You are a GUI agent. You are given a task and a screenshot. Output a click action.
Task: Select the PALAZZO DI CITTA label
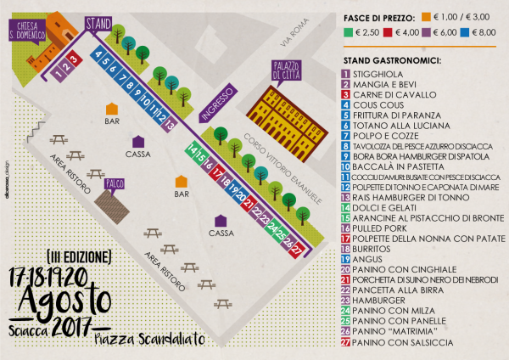point(286,71)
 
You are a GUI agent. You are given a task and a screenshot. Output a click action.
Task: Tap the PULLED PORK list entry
point(381,228)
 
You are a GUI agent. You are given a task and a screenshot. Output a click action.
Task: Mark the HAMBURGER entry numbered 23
point(378,300)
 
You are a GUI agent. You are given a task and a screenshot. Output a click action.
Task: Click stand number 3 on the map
point(74,59)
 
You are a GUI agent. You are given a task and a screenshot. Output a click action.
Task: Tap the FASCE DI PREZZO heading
point(376,17)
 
